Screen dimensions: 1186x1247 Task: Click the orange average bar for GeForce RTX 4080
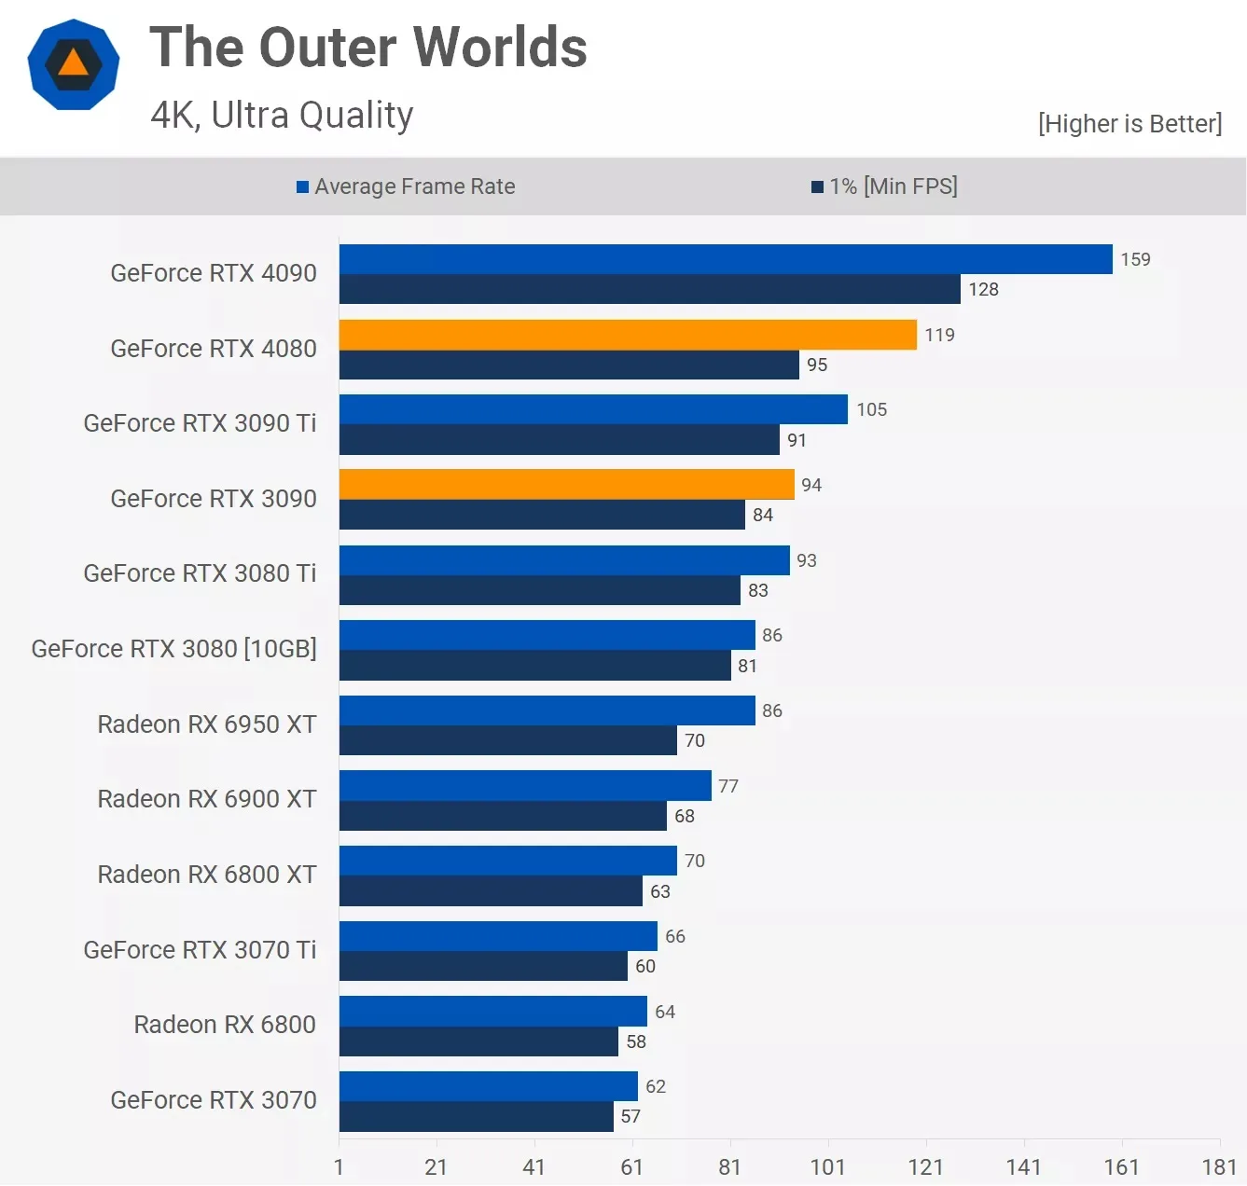coord(628,335)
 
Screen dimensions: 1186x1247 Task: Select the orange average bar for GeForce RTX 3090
coord(566,485)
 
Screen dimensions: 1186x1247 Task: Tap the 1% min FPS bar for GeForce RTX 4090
coord(649,289)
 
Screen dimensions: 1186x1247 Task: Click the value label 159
coord(1135,259)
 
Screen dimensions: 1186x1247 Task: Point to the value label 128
coord(983,289)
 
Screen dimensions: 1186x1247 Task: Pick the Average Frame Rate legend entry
coord(406,186)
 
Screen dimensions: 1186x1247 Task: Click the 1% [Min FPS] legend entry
coord(884,186)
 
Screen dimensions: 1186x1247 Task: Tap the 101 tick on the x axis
coord(827,1166)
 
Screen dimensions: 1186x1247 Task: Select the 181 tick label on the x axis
coord(1219,1166)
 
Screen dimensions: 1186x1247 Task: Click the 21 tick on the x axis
coord(436,1166)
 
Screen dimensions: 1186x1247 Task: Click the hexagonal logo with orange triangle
coord(74,64)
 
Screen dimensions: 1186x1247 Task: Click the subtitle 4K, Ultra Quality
coord(282,115)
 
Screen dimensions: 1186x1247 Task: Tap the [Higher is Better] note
coord(1129,124)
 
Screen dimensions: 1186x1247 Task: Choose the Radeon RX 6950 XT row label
coord(207,724)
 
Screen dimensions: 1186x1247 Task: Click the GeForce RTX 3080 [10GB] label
coord(174,649)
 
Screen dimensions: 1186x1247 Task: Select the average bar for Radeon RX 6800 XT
coord(507,861)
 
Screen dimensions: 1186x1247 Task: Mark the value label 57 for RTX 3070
coord(630,1116)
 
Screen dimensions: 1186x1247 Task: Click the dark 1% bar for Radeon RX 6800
coord(478,1041)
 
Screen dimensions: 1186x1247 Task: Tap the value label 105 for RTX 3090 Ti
coord(871,409)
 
